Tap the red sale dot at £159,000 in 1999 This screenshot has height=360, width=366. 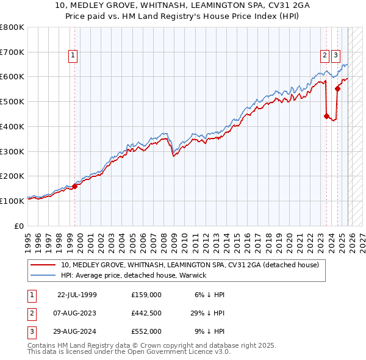coord(75,186)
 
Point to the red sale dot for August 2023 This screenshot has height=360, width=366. coord(326,116)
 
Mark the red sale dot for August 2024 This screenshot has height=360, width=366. coord(337,88)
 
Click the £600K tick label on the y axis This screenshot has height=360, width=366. coord(12,77)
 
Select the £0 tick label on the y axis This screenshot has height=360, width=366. coord(20,225)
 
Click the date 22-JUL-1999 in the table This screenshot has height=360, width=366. coord(77,294)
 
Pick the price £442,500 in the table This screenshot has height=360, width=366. coord(146,313)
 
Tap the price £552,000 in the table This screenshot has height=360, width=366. coord(146,331)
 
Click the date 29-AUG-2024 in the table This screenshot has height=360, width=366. coord(77,331)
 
